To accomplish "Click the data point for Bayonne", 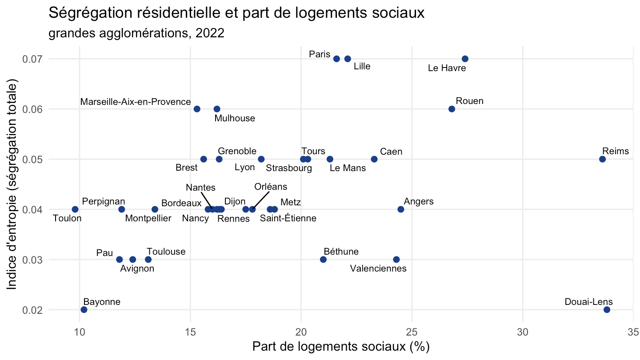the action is pos(84,310).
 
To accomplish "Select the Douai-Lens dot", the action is pos(607,310).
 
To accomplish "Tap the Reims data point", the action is pos(602,159).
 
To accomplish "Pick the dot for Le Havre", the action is pos(465,59).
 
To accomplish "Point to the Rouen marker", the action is pos(452,109).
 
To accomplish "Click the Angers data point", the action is pos(400,209).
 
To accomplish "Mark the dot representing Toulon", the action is pos(75,209).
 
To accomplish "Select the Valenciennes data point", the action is pos(396,260).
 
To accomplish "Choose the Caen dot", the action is pos(374,159).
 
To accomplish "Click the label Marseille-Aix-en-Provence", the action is pos(136,102).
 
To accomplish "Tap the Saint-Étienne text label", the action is pos(288,218).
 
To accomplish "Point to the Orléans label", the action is pos(271,187).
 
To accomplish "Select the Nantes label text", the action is pos(200,188).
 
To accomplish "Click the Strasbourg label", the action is pos(289,168).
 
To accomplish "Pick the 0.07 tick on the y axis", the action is pos(32,59).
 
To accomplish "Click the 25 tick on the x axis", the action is pos(412,332).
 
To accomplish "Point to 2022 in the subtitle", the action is pos(210,33).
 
